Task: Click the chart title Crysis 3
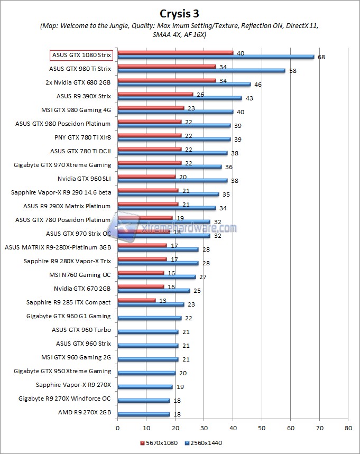180,12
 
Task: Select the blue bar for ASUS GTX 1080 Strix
216,57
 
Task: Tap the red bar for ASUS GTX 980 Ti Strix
167,67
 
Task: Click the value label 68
320,57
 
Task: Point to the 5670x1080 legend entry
158,442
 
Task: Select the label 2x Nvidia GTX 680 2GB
78,82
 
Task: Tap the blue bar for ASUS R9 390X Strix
180,98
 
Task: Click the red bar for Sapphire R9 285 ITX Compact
136,300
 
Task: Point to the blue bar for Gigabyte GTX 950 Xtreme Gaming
146,373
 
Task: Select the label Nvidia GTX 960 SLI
84,179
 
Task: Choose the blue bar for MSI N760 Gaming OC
156,276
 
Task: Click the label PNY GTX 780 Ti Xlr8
82,137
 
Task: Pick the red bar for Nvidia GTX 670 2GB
141,286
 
